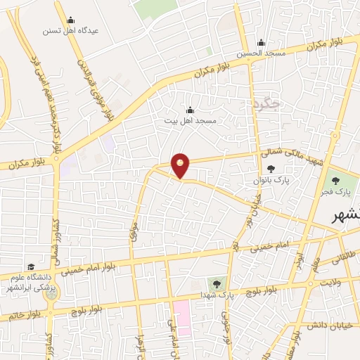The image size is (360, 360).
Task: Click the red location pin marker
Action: click(181, 165)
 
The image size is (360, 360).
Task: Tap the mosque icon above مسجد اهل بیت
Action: click(190, 110)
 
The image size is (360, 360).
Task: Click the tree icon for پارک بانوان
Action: click(271, 169)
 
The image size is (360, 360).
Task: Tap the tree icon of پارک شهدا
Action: click(215, 284)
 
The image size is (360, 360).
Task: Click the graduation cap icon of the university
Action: click(31, 266)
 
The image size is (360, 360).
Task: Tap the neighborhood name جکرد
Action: click(265, 104)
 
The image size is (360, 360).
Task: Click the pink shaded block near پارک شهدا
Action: click(181, 317)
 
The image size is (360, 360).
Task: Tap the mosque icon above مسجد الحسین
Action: click(261, 42)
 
